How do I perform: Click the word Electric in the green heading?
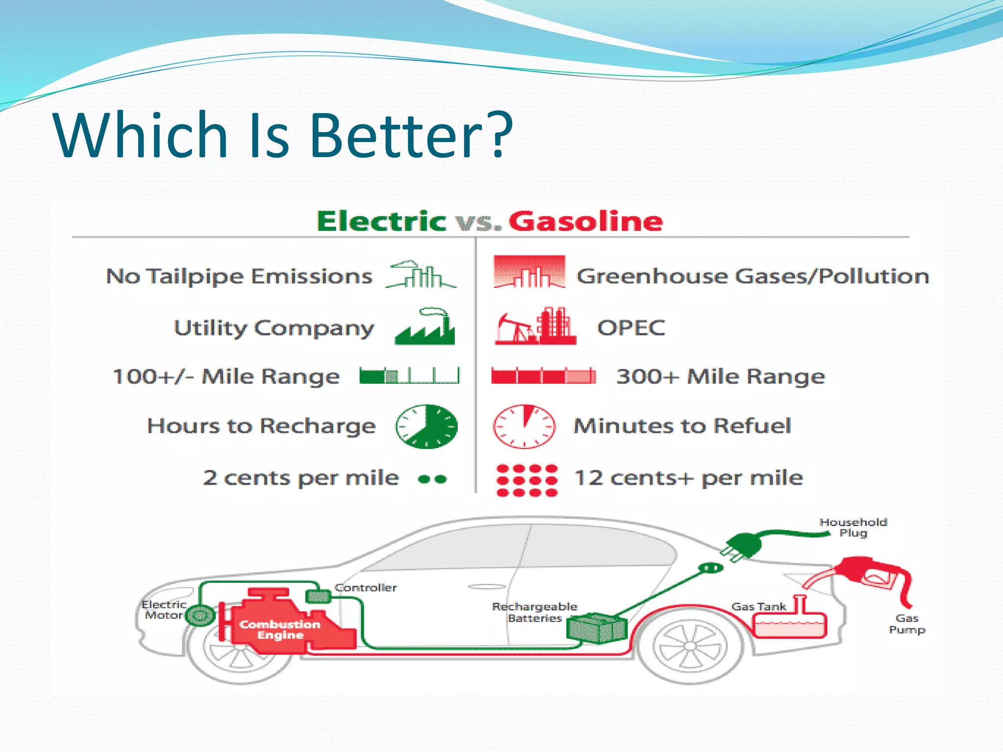tap(381, 221)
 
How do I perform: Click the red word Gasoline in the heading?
tap(586, 221)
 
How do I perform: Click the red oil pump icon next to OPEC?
tap(535, 327)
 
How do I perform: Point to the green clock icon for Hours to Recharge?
tap(427, 426)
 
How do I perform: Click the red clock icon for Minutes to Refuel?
tap(524, 426)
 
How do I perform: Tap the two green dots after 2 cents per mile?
tap(432, 479)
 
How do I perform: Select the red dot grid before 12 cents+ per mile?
tap(526, 480)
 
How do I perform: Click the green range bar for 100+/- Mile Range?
tap(409, 376)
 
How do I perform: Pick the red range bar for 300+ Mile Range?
tap(544, 376)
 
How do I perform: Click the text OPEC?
tap(631, 328)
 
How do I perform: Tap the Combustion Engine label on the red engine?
tap(280, 630)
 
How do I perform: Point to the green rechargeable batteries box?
tap(597, 628)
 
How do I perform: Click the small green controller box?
tap(318, 596)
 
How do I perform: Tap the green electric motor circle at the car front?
tap(200, 616)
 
